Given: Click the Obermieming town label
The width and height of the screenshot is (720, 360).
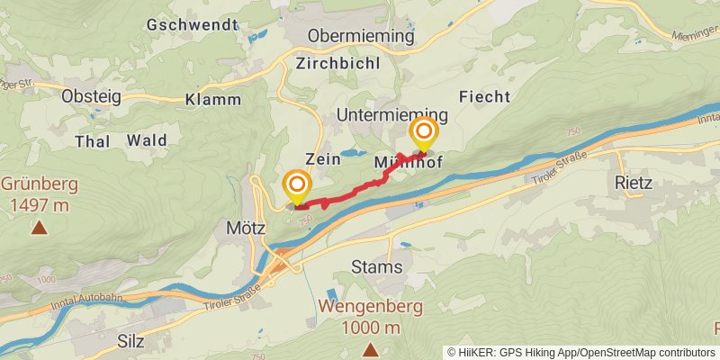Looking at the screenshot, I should [361, 36].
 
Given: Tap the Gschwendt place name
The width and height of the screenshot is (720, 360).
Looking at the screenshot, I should [191, 24].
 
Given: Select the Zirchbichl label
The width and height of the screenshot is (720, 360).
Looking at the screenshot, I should [337, 64].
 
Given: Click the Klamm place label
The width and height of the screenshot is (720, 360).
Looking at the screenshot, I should [213, 99].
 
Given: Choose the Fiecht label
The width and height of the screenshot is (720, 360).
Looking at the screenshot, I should [484, 96].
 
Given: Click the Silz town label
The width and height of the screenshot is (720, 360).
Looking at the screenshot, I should [130, 341].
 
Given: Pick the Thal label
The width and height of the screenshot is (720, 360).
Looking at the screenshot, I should [93, 140].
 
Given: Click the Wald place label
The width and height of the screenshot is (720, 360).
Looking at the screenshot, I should [147, 140].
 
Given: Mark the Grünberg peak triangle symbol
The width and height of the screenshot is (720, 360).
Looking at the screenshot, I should [39, 228].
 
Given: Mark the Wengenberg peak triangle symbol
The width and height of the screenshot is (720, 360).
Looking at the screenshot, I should [369, 348].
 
